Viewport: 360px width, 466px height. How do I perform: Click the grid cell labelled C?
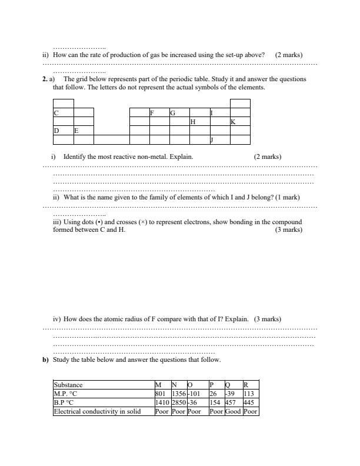63,112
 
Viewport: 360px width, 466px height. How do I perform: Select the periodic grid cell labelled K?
240,122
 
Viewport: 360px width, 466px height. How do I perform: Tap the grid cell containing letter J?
219,140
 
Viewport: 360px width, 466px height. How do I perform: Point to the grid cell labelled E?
83,131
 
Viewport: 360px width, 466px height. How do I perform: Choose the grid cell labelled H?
199,122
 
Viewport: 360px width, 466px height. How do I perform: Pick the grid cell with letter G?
179,112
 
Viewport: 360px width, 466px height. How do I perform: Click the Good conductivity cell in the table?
233,412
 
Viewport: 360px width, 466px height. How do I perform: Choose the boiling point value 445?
250,402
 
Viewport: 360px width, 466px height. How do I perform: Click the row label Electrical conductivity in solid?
103,412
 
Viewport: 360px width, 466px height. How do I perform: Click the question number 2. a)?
49,78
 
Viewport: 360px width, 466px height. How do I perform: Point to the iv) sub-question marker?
56,319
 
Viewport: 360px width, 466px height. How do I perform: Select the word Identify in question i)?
76,157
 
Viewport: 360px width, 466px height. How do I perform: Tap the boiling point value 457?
233,402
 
